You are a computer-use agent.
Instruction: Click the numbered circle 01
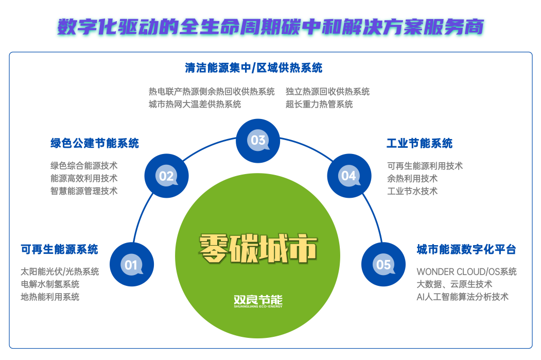[132, 265]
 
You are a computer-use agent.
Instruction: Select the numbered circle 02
[166, 176]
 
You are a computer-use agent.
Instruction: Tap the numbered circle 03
[258, 140]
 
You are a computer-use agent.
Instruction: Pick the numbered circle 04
[348, 176]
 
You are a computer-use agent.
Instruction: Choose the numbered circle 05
[383, 265]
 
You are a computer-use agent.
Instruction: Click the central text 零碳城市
[258, 249]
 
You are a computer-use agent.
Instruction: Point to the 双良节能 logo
[258, 301]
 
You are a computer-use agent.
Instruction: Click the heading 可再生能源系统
[59, 250]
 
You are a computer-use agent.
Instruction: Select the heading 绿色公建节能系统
[95, 143]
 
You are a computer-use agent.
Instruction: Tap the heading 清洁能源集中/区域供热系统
[254, 68]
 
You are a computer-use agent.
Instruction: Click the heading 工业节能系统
[420, 143]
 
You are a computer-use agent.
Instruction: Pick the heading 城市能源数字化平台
[466, 250]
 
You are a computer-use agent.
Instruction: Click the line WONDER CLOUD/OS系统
[466, 271]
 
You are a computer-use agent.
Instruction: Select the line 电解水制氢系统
[50, 284]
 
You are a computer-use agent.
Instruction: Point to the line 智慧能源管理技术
[84, 191]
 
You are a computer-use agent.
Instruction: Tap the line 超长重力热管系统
[319, 104]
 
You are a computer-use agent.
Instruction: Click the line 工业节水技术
[412, 191]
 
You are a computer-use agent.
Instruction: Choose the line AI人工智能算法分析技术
[462, 297]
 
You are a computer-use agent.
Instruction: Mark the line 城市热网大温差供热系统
[195, 104]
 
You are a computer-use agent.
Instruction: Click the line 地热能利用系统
[50, 297]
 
